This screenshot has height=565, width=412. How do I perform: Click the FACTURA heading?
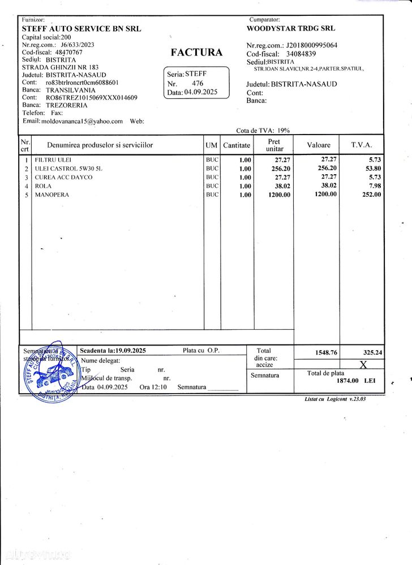tap(196, 53)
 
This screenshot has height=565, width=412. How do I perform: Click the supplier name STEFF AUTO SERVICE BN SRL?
tap(81, 29)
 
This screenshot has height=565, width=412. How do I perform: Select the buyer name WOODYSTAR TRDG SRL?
tap(291, 28)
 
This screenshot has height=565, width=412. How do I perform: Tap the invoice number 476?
tap(198, 83)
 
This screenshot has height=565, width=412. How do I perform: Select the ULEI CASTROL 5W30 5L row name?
tap(69, 169)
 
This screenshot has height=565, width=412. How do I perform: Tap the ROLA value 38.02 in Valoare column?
tap(329, 186)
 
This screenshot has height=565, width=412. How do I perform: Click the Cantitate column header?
tap(237, 145)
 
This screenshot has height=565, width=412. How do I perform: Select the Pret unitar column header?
tap(274, 145)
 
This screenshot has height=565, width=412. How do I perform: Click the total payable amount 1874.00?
tap(349, 381)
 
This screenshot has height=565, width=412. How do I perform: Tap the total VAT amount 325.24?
tap(371, 353)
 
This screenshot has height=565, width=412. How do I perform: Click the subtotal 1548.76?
tap(326, 353)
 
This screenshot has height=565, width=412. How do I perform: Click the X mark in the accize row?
tap(363, 365)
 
